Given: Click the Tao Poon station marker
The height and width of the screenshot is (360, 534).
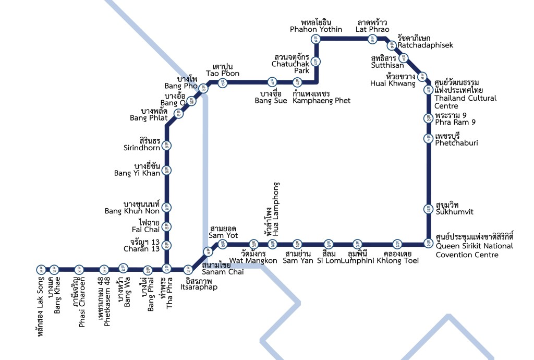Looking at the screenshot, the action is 223,82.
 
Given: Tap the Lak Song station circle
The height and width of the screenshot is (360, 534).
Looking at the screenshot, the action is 41,269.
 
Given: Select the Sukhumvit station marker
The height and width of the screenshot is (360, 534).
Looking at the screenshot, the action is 428,209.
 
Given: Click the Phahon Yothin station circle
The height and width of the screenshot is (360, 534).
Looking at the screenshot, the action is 315,39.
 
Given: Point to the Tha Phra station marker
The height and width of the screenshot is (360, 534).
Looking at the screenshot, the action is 167,269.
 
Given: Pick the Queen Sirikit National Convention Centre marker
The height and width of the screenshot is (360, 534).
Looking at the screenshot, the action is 428,243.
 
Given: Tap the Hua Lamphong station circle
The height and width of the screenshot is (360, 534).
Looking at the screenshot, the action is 272,244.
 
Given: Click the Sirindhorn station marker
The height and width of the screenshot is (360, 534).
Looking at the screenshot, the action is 167,146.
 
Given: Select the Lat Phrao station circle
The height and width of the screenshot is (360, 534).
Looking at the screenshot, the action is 372,39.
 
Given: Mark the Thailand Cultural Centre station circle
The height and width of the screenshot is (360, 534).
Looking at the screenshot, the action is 428,90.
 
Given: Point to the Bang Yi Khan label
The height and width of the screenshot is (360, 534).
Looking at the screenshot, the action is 134,170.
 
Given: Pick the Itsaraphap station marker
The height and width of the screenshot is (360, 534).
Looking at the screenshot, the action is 188,269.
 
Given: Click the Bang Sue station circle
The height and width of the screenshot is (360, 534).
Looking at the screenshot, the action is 272,82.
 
